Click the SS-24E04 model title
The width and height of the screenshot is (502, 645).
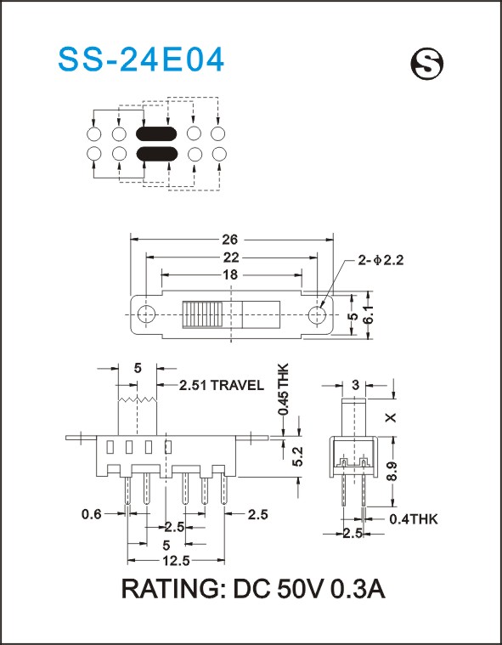141,59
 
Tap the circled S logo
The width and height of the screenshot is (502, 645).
427,65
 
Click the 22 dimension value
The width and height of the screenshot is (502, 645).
232,257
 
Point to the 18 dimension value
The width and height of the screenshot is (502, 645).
232,274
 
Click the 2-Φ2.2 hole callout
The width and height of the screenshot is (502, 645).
381,260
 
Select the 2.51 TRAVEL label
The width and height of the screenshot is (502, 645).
222,386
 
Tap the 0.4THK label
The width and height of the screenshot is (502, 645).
413,519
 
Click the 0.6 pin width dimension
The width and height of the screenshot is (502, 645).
91,514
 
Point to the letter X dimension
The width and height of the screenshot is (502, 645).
392,417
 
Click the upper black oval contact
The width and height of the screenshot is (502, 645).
156,133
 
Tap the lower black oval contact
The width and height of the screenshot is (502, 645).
156,154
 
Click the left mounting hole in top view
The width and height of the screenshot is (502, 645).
146,314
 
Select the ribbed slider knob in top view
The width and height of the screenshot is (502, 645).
202,314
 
